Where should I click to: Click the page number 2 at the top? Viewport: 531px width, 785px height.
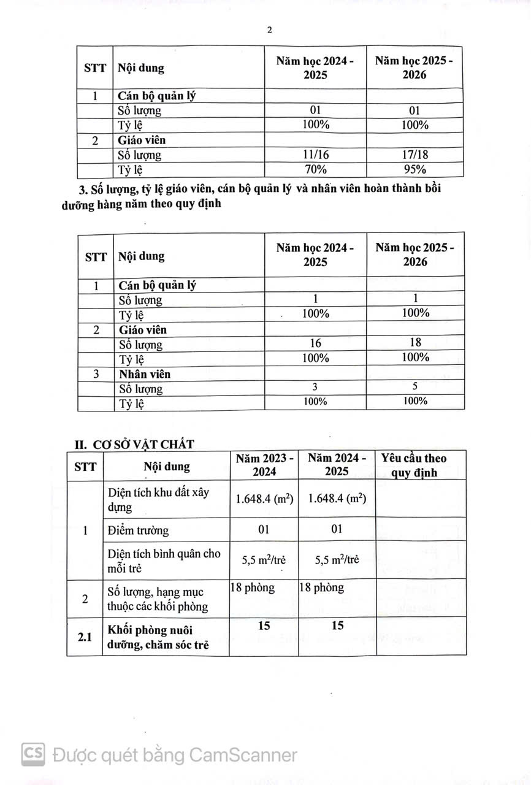pyautogui.click(x=269, y=30)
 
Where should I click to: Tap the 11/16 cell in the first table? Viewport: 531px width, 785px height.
pyautogui.click(x=316, y=155)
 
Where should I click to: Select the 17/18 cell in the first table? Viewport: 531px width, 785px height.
pyautogui.click(x=415, y=155)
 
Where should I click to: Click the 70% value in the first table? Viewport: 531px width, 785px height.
pyautogui.click(x=316, y=170)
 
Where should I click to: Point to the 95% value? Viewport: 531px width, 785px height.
pyautogui.click(x=415, y=170)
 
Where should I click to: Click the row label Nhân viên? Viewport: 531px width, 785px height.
pyautogui.click(x=145, y=373)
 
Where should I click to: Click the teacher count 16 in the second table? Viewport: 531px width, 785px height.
pyautogui.click(x=316, y=343)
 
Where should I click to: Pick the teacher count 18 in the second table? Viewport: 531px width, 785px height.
pyautogui.click(x=415, y=343)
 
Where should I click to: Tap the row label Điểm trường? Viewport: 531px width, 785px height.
pyautogui.click(x=138, y=530)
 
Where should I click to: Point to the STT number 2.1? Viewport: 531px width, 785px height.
pyautogui.click(x=85, y=637)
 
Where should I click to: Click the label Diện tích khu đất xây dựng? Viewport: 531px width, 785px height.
pyautogui.click(x=164, y=500)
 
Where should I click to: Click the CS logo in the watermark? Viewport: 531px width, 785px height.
pyautogui.click(x=33, y=754)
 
